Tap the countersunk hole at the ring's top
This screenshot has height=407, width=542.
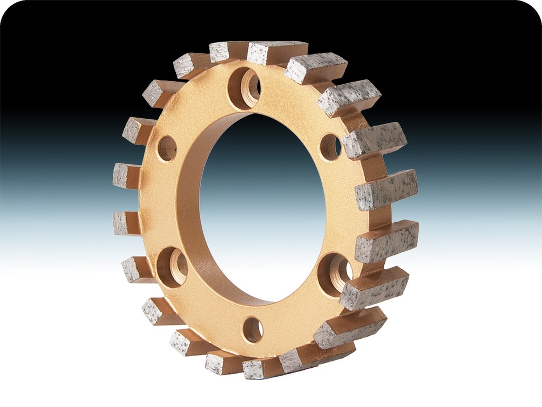click(245, 87)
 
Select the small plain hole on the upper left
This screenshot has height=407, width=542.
click(167, 148)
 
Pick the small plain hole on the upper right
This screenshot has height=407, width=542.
click(330, 147)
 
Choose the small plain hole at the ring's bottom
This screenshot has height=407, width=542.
click(253, 330)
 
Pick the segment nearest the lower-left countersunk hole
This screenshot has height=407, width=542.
click(136, 269)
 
